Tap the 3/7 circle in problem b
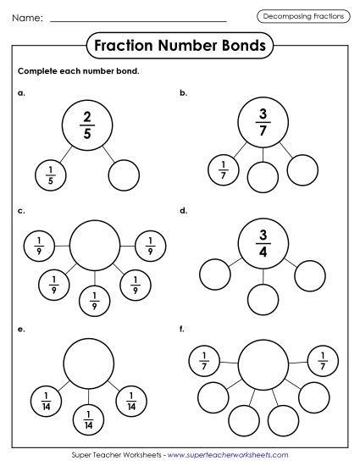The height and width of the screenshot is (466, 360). [263, 119]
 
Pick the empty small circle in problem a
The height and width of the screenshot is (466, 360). [124, 175]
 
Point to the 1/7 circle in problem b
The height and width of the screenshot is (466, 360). [224, 169]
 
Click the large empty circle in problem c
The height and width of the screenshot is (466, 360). [94, 246]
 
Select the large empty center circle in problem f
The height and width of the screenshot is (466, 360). [263, 365]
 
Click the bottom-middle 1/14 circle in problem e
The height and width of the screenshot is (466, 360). [89, 418]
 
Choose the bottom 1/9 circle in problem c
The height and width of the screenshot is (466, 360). [94, 298]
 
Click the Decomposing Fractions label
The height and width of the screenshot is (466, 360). [302, 16]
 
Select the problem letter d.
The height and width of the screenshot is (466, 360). [183, 208]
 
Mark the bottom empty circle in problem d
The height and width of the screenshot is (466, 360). [263, 299]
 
